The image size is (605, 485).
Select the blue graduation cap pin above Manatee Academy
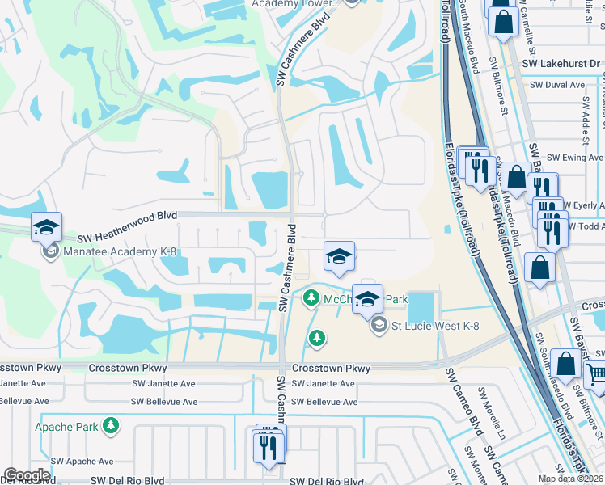pyautogui.click(x=47, y=228)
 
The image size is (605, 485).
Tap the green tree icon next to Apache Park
pyautogui.click(x=110, y=425)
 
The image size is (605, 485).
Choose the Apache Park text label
pyautogui.click(x=66, y=426)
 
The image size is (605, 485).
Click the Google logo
pyautogui.click(x=27, y=475)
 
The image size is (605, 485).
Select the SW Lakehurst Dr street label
pyautogui.click(x=561, y=64)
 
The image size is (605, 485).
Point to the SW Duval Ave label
pyautogui.click(x=554, y=85)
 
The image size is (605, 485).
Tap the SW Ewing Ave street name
pyautogui.click(x=575, y=158)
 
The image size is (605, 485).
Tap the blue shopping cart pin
pyautogui.click(x=597, y=374)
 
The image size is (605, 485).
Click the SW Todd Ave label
pyautogui.click(x=587, y=226)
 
